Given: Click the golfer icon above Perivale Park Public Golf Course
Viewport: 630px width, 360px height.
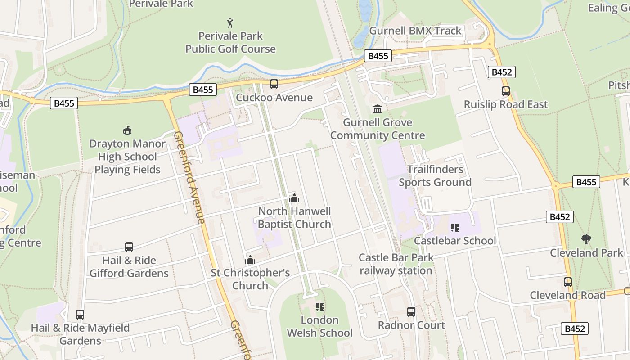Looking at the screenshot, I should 230,22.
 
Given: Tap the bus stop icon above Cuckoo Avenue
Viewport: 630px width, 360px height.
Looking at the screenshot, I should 274,84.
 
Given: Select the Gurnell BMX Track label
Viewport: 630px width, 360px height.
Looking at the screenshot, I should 415,31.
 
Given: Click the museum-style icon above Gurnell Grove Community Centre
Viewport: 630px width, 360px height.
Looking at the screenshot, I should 377,109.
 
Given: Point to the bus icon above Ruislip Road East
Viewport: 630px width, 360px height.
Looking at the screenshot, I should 505,91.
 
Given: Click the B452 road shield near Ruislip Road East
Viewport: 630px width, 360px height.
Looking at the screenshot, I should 501,72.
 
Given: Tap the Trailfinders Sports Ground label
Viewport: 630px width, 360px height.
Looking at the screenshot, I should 435,176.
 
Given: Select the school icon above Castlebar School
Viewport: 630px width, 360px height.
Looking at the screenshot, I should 454,228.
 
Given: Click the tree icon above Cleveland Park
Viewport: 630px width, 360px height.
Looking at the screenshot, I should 586,239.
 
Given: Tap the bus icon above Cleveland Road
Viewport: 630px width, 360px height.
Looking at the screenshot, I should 567,282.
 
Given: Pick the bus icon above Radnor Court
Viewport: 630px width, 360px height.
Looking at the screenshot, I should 411,311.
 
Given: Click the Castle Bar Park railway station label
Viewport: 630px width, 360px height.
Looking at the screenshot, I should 396,264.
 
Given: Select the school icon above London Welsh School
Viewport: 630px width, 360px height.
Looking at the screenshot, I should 319,307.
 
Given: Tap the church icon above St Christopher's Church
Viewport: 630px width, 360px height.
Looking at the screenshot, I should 250,260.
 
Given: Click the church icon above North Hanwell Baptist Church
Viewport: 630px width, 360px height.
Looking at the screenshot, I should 294,198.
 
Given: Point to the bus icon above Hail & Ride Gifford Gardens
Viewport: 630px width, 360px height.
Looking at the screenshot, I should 129,247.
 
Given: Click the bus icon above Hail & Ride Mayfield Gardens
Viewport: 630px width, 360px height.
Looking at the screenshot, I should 80,315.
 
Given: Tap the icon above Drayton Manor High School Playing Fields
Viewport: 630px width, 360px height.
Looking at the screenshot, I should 127,130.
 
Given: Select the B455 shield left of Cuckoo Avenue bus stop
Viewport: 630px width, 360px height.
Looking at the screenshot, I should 202,90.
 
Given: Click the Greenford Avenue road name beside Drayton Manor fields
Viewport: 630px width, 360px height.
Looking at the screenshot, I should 189,177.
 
